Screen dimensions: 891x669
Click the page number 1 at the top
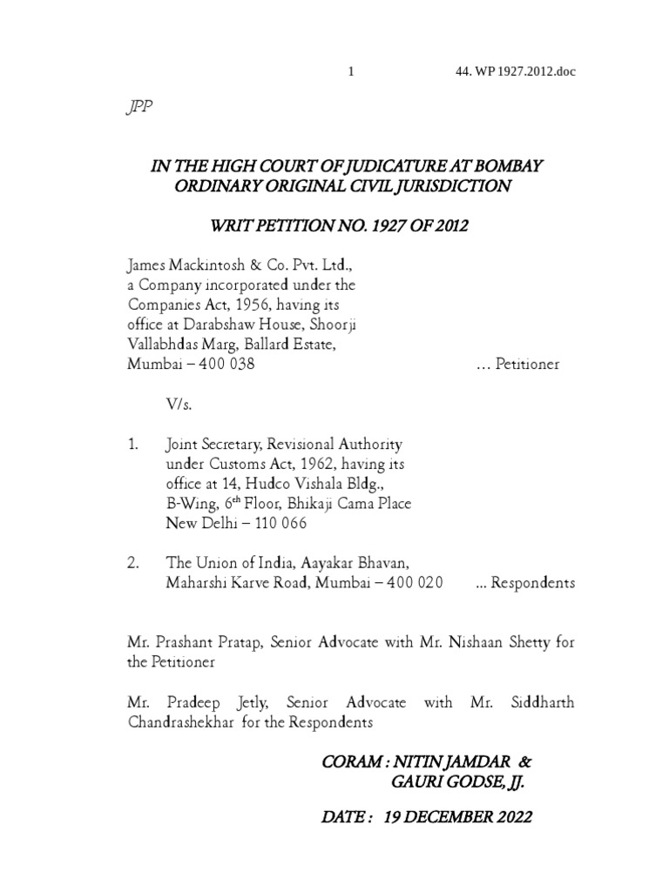(x=351, y=71)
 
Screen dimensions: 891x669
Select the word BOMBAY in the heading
(x=512, y=165)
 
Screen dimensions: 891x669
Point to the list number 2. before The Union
(x=133, y=563)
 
